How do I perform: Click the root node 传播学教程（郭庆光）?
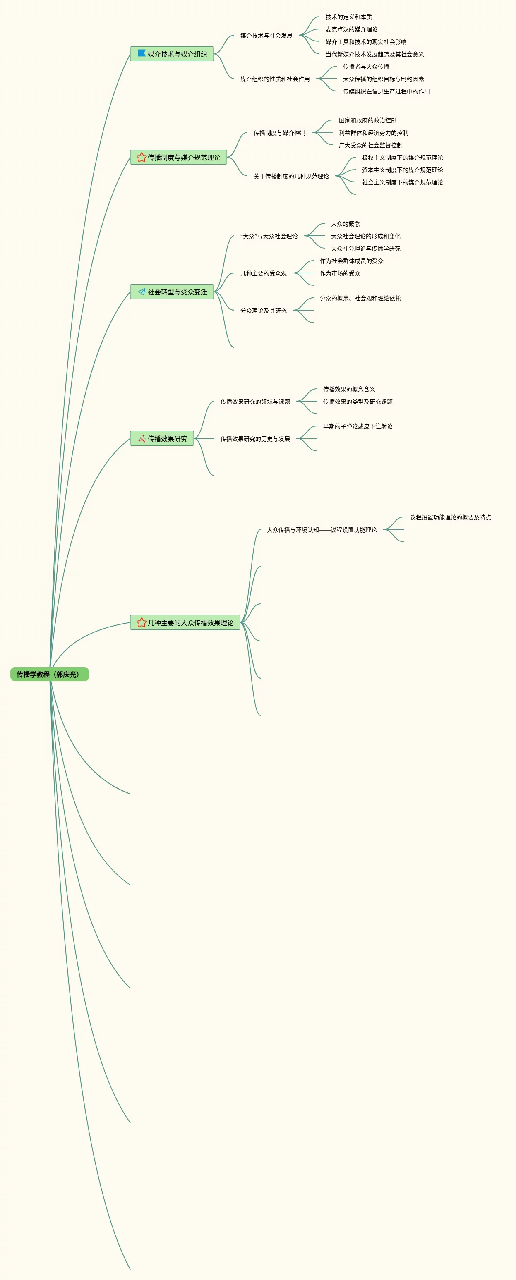point(49,674)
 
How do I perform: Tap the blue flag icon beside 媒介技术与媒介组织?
point(141,53)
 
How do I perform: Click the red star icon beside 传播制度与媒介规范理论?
point(141,158)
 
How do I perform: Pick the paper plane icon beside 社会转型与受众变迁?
point(142,292)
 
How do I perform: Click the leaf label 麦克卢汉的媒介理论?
point(351,29)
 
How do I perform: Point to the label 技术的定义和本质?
point(348,17)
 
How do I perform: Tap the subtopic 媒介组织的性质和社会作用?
point(275,79)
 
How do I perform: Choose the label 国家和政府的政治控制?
point(368,120)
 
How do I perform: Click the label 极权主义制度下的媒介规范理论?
point(402,158)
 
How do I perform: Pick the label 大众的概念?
point(346,224)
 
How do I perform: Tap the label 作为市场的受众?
point(340,273)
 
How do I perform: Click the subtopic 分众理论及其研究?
point(264,311)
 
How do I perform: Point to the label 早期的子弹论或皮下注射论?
point(358,426)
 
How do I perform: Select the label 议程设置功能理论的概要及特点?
point(450,517)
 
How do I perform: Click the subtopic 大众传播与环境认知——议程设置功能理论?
point(322,530)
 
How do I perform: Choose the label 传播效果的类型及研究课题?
point(358,402)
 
